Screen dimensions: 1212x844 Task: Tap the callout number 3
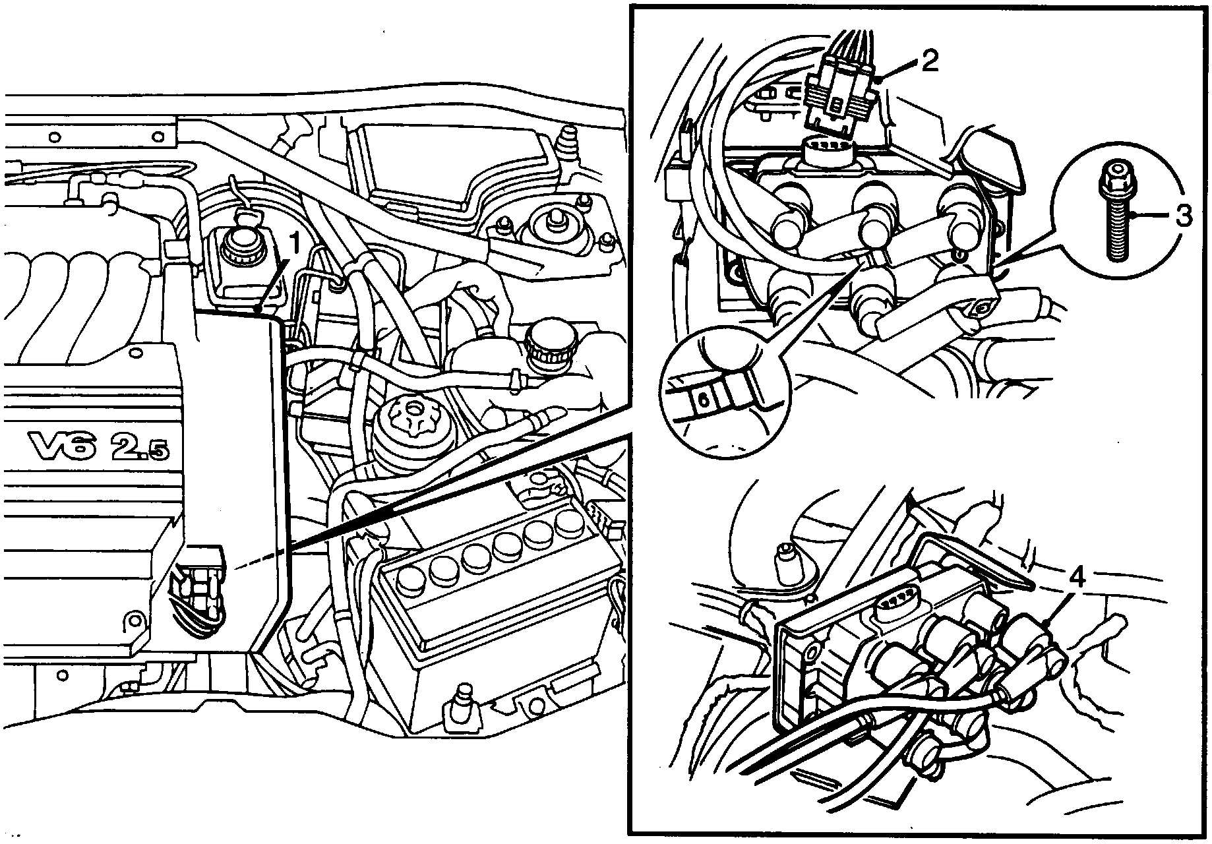1184,216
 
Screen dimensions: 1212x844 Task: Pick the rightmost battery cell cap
566,521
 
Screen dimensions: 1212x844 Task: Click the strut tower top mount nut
552,218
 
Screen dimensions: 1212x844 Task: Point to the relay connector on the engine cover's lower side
198,588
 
